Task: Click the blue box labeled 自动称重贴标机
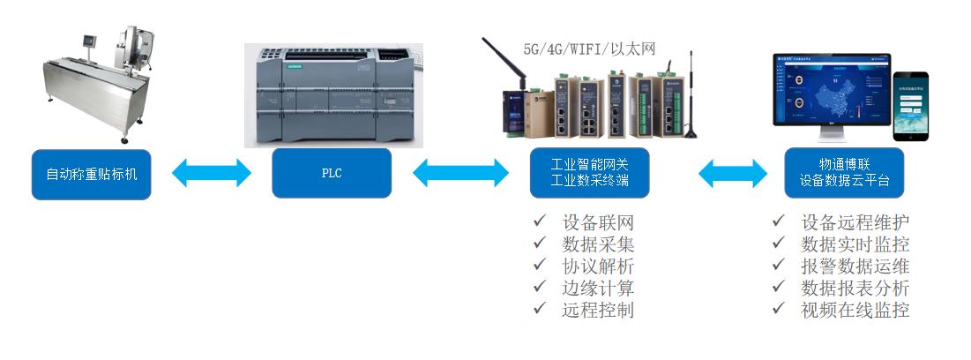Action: (x=92, y=174)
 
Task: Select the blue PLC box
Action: (x=331, y=173)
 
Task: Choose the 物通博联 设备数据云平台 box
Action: (x=844, y=173)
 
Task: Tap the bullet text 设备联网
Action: (x=598, y=222)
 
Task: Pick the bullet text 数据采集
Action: (x=598, y=244)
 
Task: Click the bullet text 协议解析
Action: (x=598, y=266)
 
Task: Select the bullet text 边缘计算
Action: (x=598, y=288)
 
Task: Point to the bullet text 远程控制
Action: (x=598, y=310)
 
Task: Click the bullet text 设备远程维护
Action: (x=855, y=222)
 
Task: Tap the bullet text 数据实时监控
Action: (x=855, y=244)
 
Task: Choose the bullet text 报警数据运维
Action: (x=855, y=266)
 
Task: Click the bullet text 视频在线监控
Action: (x=855, y=310)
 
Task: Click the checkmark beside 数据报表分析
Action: (x=778, y=287)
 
